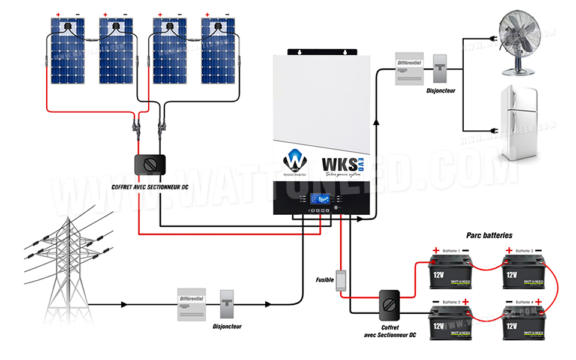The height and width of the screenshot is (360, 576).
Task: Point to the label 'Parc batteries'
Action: (489, 236)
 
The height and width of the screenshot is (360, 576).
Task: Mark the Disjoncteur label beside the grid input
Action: (227, 326)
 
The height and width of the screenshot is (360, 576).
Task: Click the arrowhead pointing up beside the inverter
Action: (377, 122)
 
